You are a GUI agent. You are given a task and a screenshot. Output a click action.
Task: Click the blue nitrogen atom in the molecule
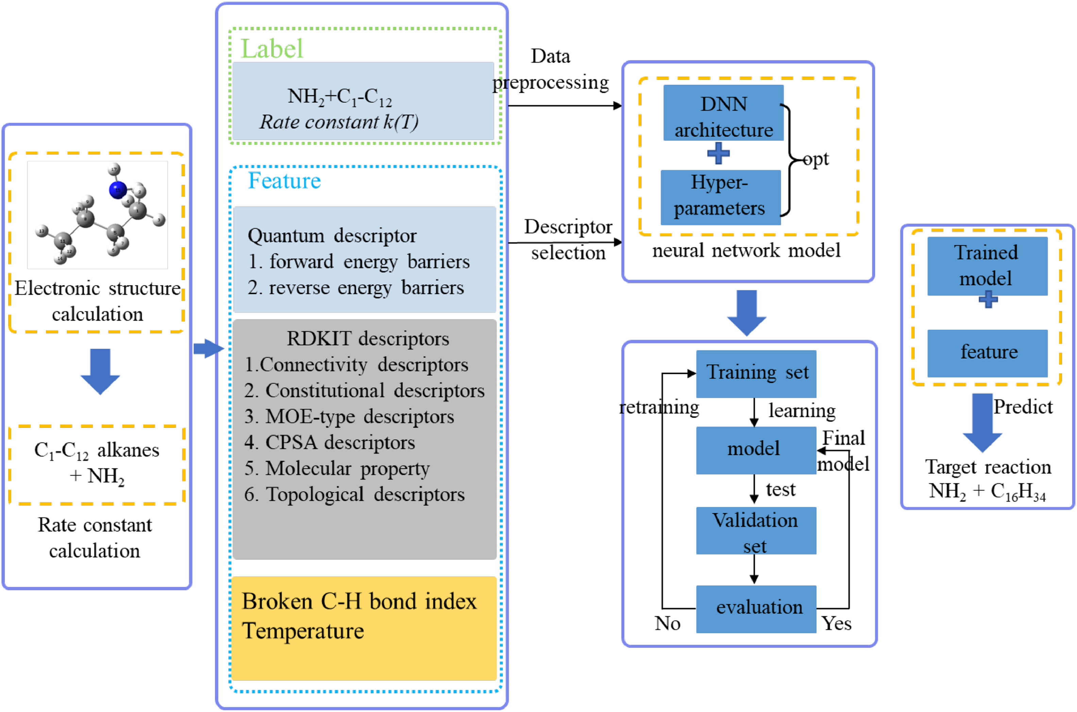(118, 190)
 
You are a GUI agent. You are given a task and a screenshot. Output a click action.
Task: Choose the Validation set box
(756, 531)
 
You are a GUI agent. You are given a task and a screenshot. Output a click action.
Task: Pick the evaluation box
(756, 609)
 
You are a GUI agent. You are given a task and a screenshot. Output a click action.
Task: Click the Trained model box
(987, 266)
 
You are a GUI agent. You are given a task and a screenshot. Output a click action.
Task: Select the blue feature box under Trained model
(987, 353)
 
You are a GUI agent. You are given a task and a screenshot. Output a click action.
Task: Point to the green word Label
(271, 49)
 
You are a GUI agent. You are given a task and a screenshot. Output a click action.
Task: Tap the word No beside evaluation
(667, 624)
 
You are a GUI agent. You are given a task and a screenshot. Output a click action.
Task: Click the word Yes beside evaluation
(837, 624)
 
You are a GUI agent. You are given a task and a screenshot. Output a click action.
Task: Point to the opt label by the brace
(816, 160)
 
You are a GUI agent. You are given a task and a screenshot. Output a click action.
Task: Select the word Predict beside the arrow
(1023, 407)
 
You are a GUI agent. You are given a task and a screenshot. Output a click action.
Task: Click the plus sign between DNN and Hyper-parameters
(719, 153)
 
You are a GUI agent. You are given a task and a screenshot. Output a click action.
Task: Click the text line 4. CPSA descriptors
(330, 442)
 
